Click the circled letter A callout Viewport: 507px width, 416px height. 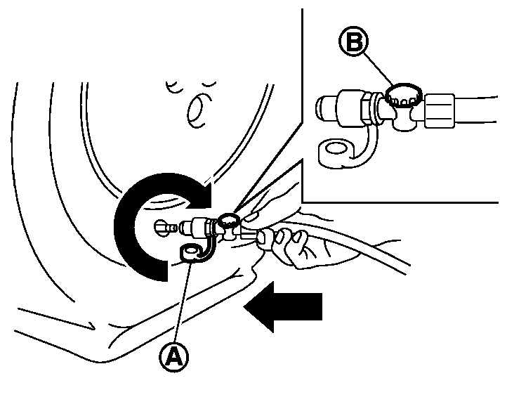coord(174,357)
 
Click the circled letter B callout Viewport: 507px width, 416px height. coord(353,41)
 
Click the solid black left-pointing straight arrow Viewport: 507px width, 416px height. coord(283,306)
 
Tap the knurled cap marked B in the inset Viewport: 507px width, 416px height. coord(404,94)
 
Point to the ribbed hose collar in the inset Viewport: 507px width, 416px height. coord(440,110)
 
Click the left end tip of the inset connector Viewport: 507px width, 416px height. coord(317,109)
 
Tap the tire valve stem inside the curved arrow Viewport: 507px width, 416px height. coord(166,227)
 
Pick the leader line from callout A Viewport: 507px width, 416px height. coord(183,302)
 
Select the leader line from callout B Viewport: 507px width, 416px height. coord(378,69)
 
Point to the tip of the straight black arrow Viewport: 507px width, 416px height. coord(244,306)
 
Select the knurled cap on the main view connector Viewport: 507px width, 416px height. coord(228,220)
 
